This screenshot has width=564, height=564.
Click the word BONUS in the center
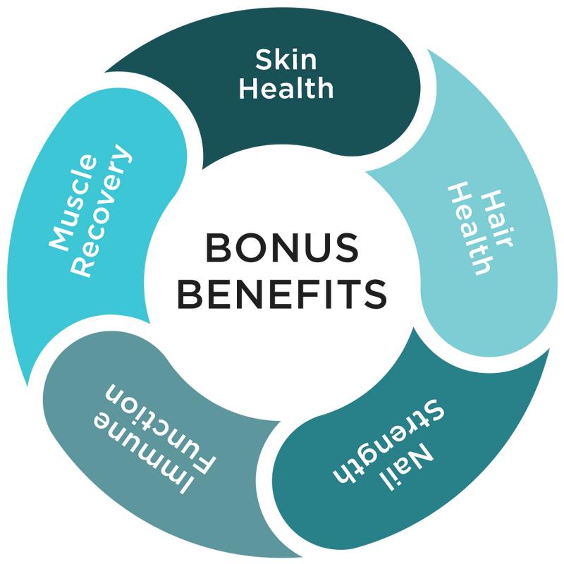282,247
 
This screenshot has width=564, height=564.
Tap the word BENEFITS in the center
282,293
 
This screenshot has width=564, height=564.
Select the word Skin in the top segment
286,59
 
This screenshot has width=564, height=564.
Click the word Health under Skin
286,88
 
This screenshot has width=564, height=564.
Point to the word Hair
498,219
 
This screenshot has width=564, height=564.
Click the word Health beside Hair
471,228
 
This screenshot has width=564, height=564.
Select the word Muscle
73,202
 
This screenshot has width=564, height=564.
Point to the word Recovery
102,210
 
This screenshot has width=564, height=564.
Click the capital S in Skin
263,60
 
